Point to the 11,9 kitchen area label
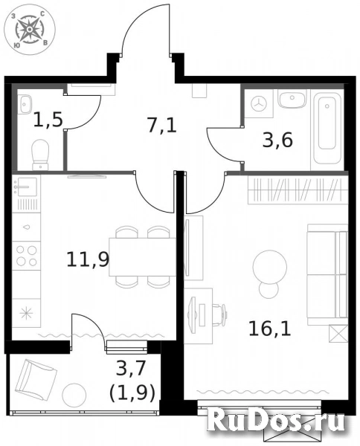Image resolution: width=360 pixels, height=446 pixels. [x=83, y=260]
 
